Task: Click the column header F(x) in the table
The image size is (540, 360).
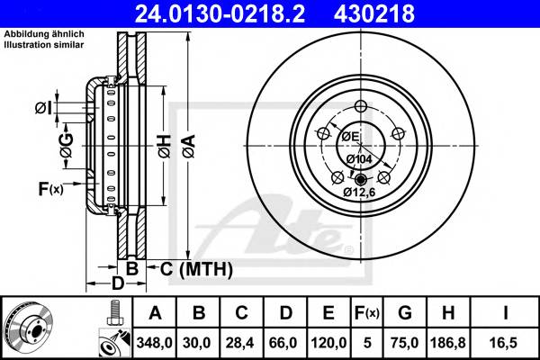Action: tap(366, 312)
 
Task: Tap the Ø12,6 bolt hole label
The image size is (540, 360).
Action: tap(360, 191)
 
